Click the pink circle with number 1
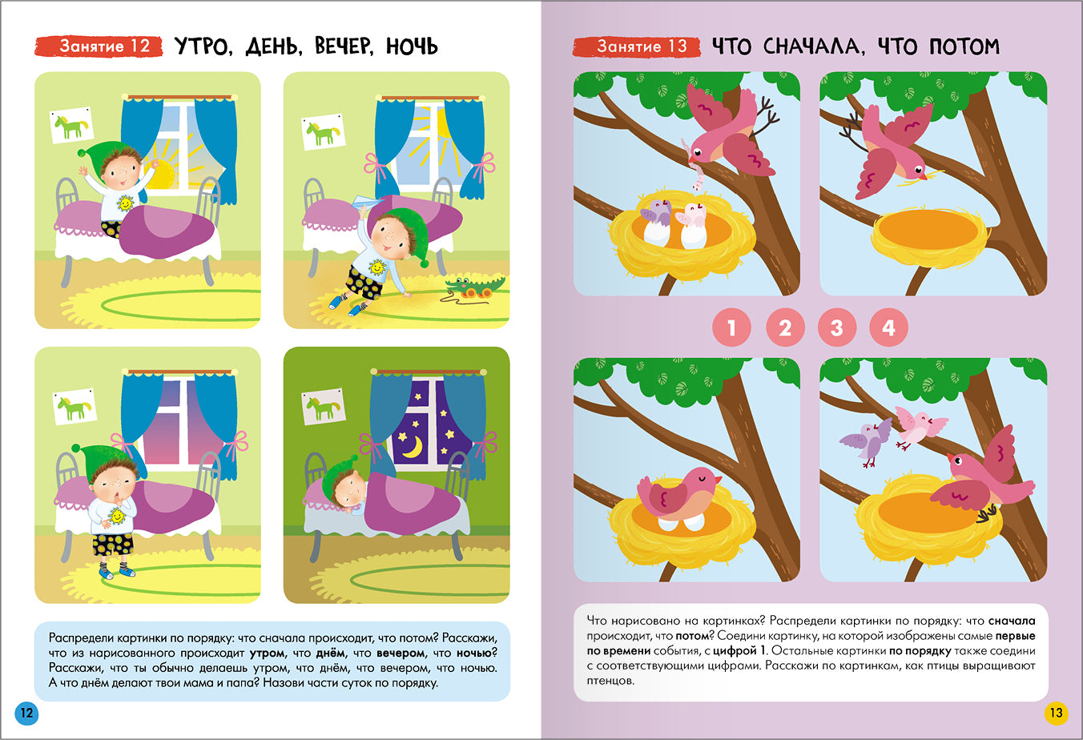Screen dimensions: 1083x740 (731, 328)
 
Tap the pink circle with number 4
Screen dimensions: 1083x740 (888, 328)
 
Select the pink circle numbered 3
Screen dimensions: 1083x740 (837, 328)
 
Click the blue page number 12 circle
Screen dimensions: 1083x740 (26, 714)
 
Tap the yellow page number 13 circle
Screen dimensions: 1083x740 (1056, 714)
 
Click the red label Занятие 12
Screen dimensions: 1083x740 (99, 46)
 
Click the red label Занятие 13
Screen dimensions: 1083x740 (637, 46)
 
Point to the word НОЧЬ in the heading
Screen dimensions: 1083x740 (412, 46)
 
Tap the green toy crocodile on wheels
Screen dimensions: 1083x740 (474, 288)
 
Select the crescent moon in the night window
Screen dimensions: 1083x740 (413, 447)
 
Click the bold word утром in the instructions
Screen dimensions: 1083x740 (268, 653)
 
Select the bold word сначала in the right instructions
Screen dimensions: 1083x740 (1012, 621)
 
